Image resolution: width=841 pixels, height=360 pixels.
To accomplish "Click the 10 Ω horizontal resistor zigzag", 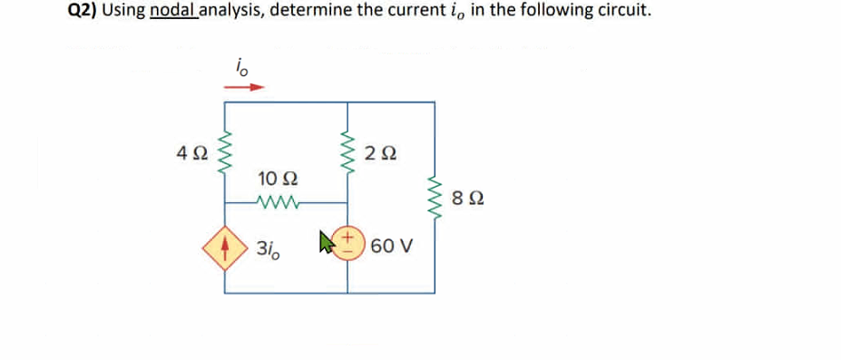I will tap(276, 201).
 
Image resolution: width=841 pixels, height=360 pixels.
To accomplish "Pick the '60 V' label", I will tap(392, 246).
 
